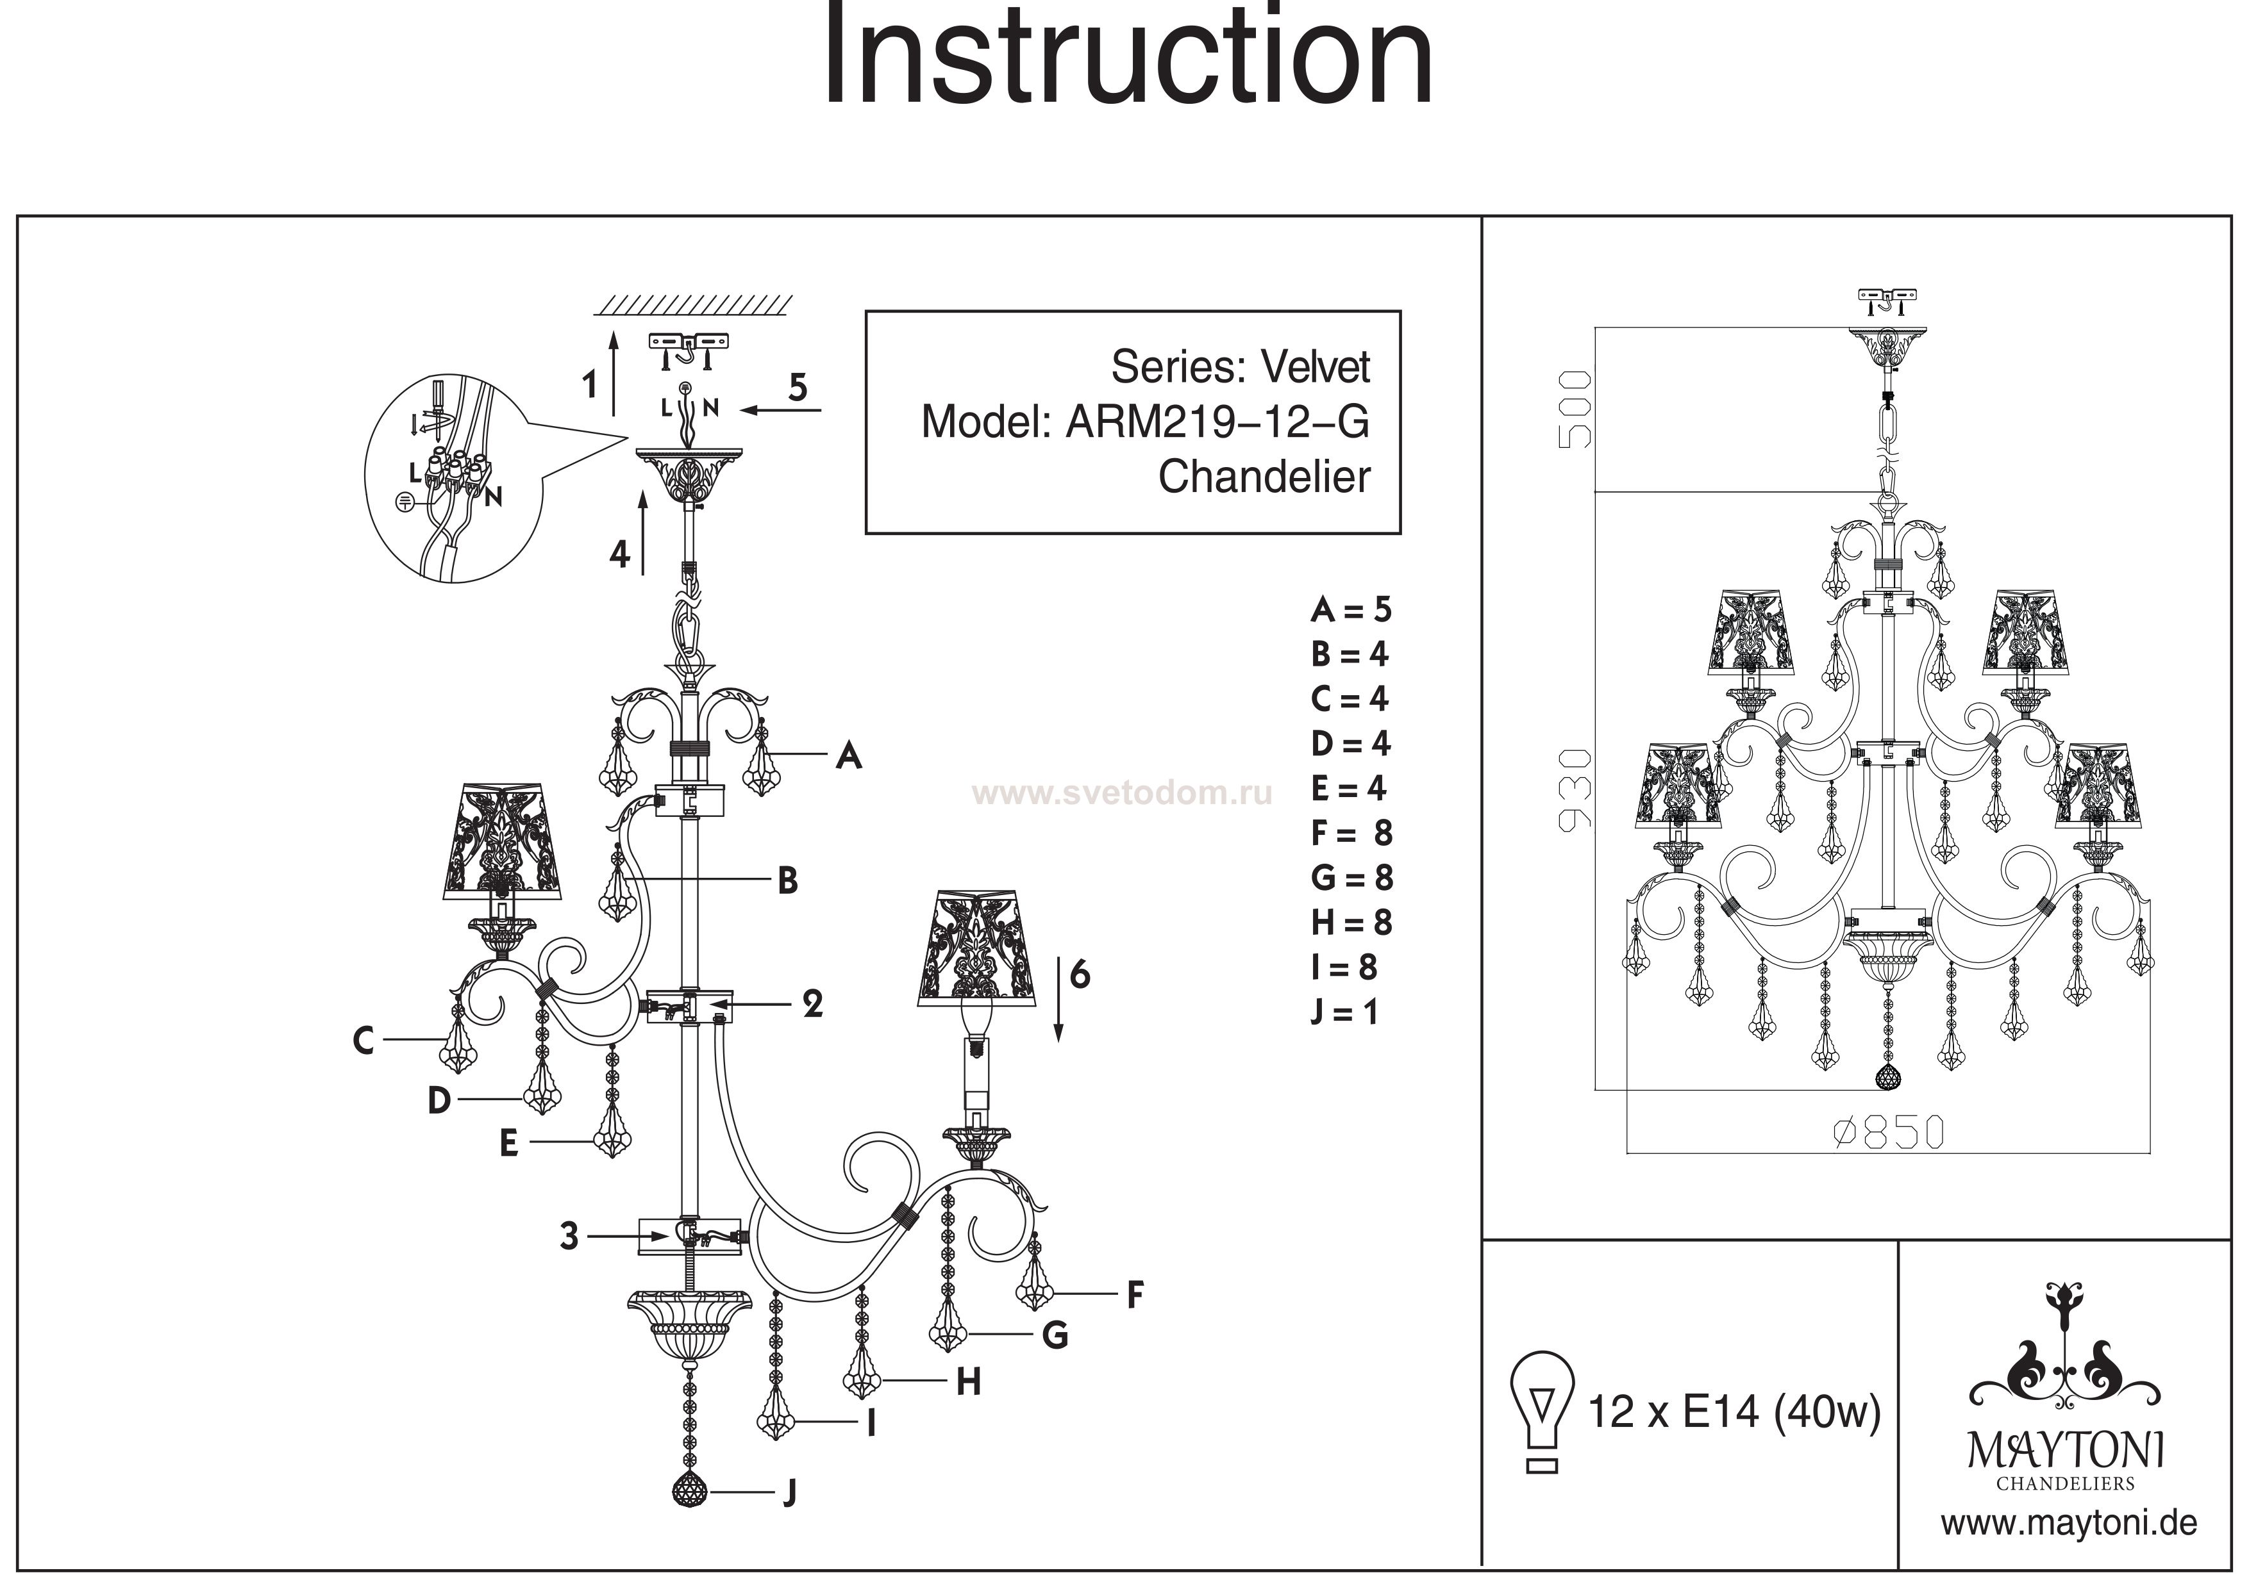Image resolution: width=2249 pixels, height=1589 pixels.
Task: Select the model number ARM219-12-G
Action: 1217,422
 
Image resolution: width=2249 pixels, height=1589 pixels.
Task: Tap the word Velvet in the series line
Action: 1316,367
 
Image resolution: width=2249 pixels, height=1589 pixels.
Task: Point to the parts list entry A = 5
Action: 1351,610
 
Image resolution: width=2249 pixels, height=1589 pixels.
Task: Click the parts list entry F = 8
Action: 1351,833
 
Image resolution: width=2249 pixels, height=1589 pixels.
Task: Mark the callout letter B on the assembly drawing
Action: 787,881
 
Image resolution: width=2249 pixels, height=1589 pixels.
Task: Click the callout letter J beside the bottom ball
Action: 789,1493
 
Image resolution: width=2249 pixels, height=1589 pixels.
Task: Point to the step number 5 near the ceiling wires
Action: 798,388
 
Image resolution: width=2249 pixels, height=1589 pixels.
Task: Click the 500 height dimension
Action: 1574,409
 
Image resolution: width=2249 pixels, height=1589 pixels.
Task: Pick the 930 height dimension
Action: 1574,789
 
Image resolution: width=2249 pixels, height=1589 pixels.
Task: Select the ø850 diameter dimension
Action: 1887,1133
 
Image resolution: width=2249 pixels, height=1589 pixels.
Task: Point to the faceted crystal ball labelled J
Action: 690,1491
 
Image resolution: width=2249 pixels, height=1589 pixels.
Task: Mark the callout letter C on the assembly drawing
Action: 364,1040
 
